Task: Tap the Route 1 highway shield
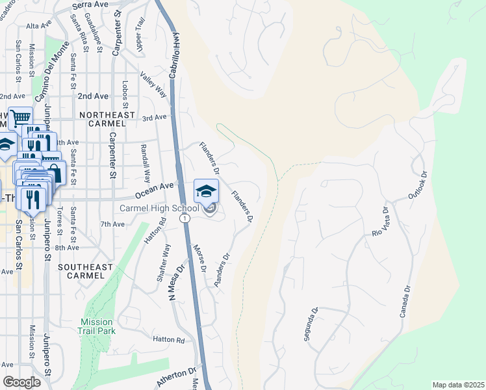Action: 186,218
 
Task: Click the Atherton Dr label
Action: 175,377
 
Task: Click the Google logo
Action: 21,382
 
